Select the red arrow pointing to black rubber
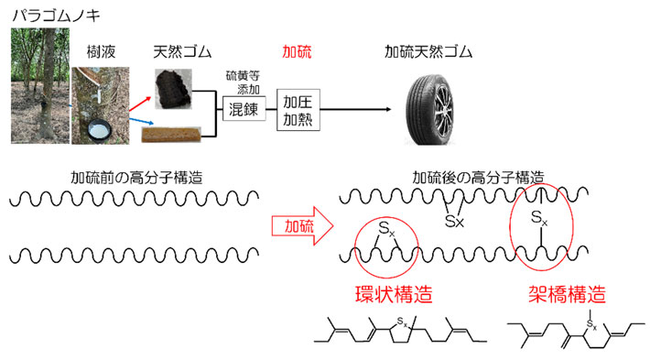tap(144, 91)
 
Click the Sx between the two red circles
tap(452, 221)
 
